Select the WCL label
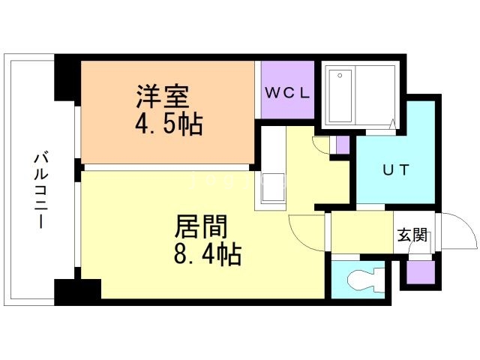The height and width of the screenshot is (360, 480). [x=287, y=93]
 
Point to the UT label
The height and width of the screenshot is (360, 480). [x=396, y=169]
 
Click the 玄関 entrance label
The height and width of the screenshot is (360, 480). [x=412, y=235]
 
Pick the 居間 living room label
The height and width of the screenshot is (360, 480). [x=201, y=226]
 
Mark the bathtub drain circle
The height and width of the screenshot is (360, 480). [x=340, y=76]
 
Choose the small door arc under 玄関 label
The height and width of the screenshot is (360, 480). [x=420, y=256]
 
